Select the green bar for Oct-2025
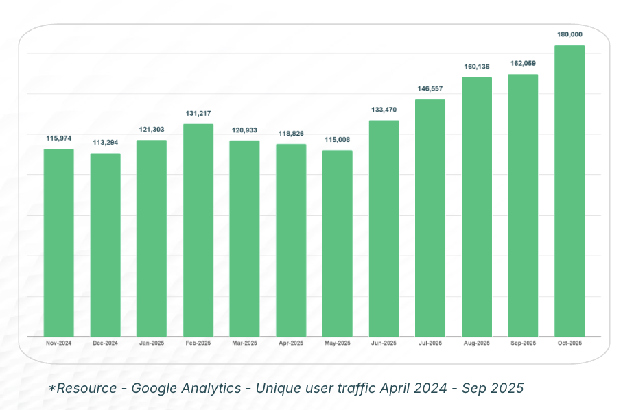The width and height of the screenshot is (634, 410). coord(570,191)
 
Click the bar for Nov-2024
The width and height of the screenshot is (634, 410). coord(59,243)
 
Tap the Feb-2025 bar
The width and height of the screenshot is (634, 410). coord(198,230)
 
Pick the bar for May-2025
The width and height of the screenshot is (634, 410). coord(338,243)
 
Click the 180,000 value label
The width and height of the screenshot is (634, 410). coord(570,34)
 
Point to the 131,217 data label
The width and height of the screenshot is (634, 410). coord(198,113)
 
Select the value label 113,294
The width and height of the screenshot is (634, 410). coord(106,143)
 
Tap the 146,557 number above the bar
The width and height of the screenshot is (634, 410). coord(430,88)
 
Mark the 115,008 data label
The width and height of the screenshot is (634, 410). coord(338,139)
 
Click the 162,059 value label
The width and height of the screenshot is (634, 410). coord(524,64)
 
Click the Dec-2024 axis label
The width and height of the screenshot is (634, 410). coord(106,343)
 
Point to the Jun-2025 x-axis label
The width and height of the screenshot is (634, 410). coord(384,343)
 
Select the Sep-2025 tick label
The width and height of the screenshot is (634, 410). coord(524,343)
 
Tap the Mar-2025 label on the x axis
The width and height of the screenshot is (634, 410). coord(245,343)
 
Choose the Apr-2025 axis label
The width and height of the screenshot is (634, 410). coord(291,343)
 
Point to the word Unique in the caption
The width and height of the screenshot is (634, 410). coord(279,389)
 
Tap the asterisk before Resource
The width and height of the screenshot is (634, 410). coord(51,389)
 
